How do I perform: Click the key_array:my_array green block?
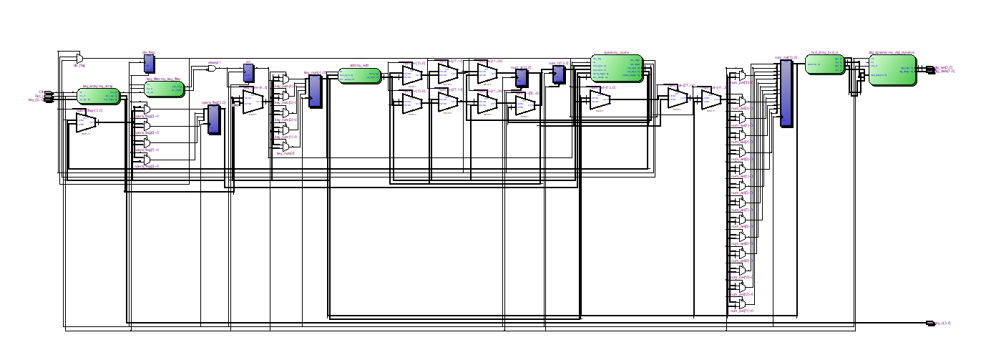pos(99,97)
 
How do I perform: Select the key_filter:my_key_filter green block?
pos(165,89)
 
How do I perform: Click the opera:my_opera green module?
pos(617,68)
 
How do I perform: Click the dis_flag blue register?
pos(149,64)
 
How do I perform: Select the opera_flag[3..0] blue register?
pos(213,120)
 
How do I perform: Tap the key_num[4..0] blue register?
pos(315,92)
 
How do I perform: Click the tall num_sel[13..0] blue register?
pos(786,93)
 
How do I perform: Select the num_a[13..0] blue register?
pos(521,77)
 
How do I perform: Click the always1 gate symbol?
pos(212,69)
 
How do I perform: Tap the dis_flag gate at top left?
pos(79,57)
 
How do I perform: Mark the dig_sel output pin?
pos(929,67)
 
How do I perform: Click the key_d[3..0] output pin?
pos(930,323)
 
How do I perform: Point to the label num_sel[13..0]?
pos(786,57)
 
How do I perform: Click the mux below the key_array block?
pos(86,122)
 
